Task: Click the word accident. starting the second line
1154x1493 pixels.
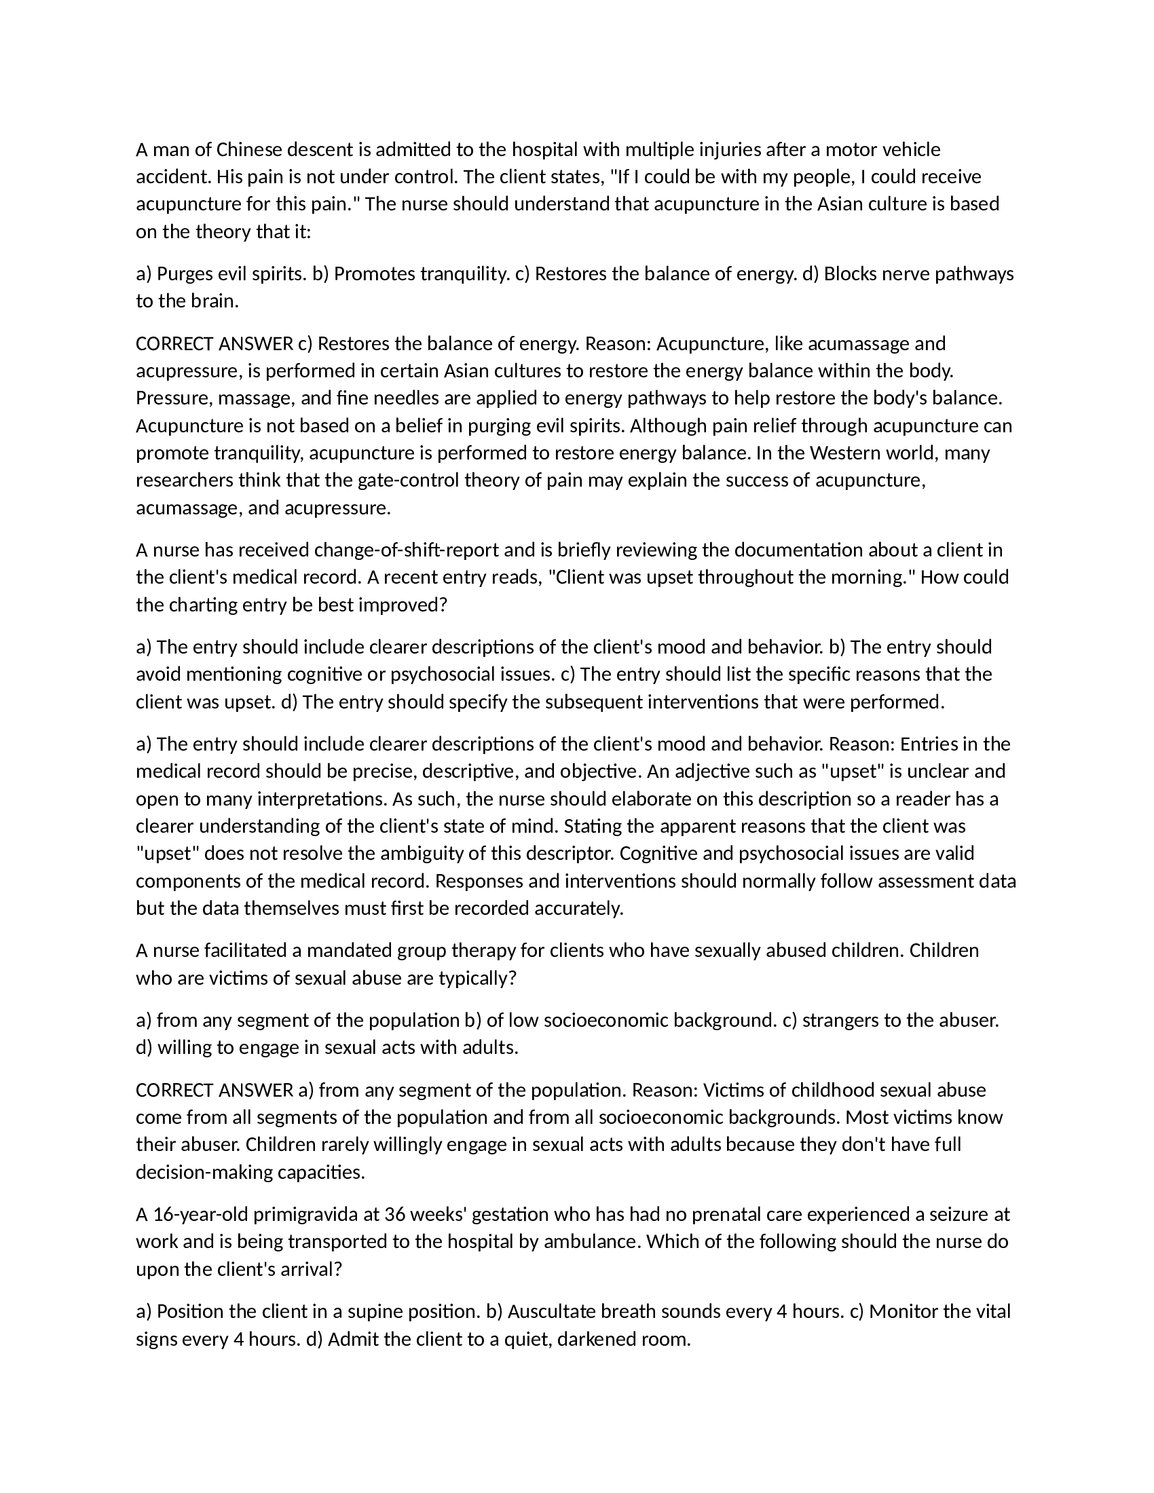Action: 174,177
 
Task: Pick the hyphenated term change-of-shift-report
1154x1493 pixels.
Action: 407,550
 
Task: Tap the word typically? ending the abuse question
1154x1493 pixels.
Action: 477,978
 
